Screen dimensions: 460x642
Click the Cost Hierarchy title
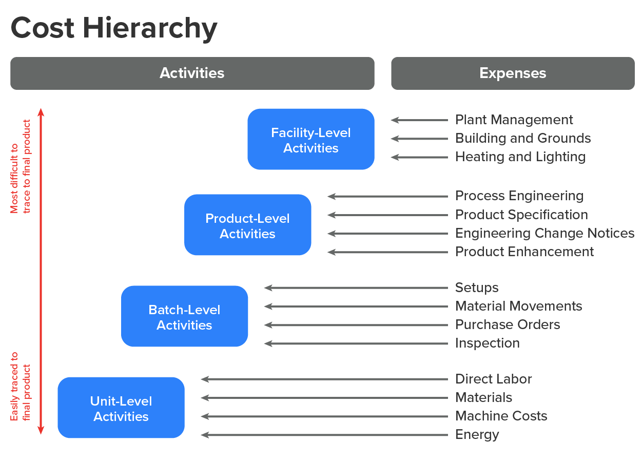[114, 29]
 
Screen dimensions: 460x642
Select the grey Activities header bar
[192, 73]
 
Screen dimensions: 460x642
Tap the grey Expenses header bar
[512, 73]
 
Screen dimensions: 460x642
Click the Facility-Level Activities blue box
[310, 140]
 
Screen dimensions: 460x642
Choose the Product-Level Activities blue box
[247, 225]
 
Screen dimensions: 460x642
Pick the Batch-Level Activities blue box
[184, 317]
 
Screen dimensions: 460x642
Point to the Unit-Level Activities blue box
[121, 408]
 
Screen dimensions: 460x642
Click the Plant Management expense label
[514, 120]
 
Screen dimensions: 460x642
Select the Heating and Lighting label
[520, 157]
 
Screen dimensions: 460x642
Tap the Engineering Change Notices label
[544, 233]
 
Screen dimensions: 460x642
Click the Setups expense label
[477, 287]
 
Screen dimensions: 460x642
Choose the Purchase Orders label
[507, 324]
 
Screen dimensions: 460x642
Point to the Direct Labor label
[493, 379]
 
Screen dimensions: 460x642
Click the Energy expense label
[477, 434]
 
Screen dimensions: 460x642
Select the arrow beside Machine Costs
[324, 416]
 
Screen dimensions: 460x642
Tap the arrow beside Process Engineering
[387, 196]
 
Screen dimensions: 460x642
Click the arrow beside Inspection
[356, 343]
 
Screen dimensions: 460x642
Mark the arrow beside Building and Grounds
[419, 139]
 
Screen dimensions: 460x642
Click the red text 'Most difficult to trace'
[21, 166]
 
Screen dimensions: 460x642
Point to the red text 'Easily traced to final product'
[21, 386]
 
